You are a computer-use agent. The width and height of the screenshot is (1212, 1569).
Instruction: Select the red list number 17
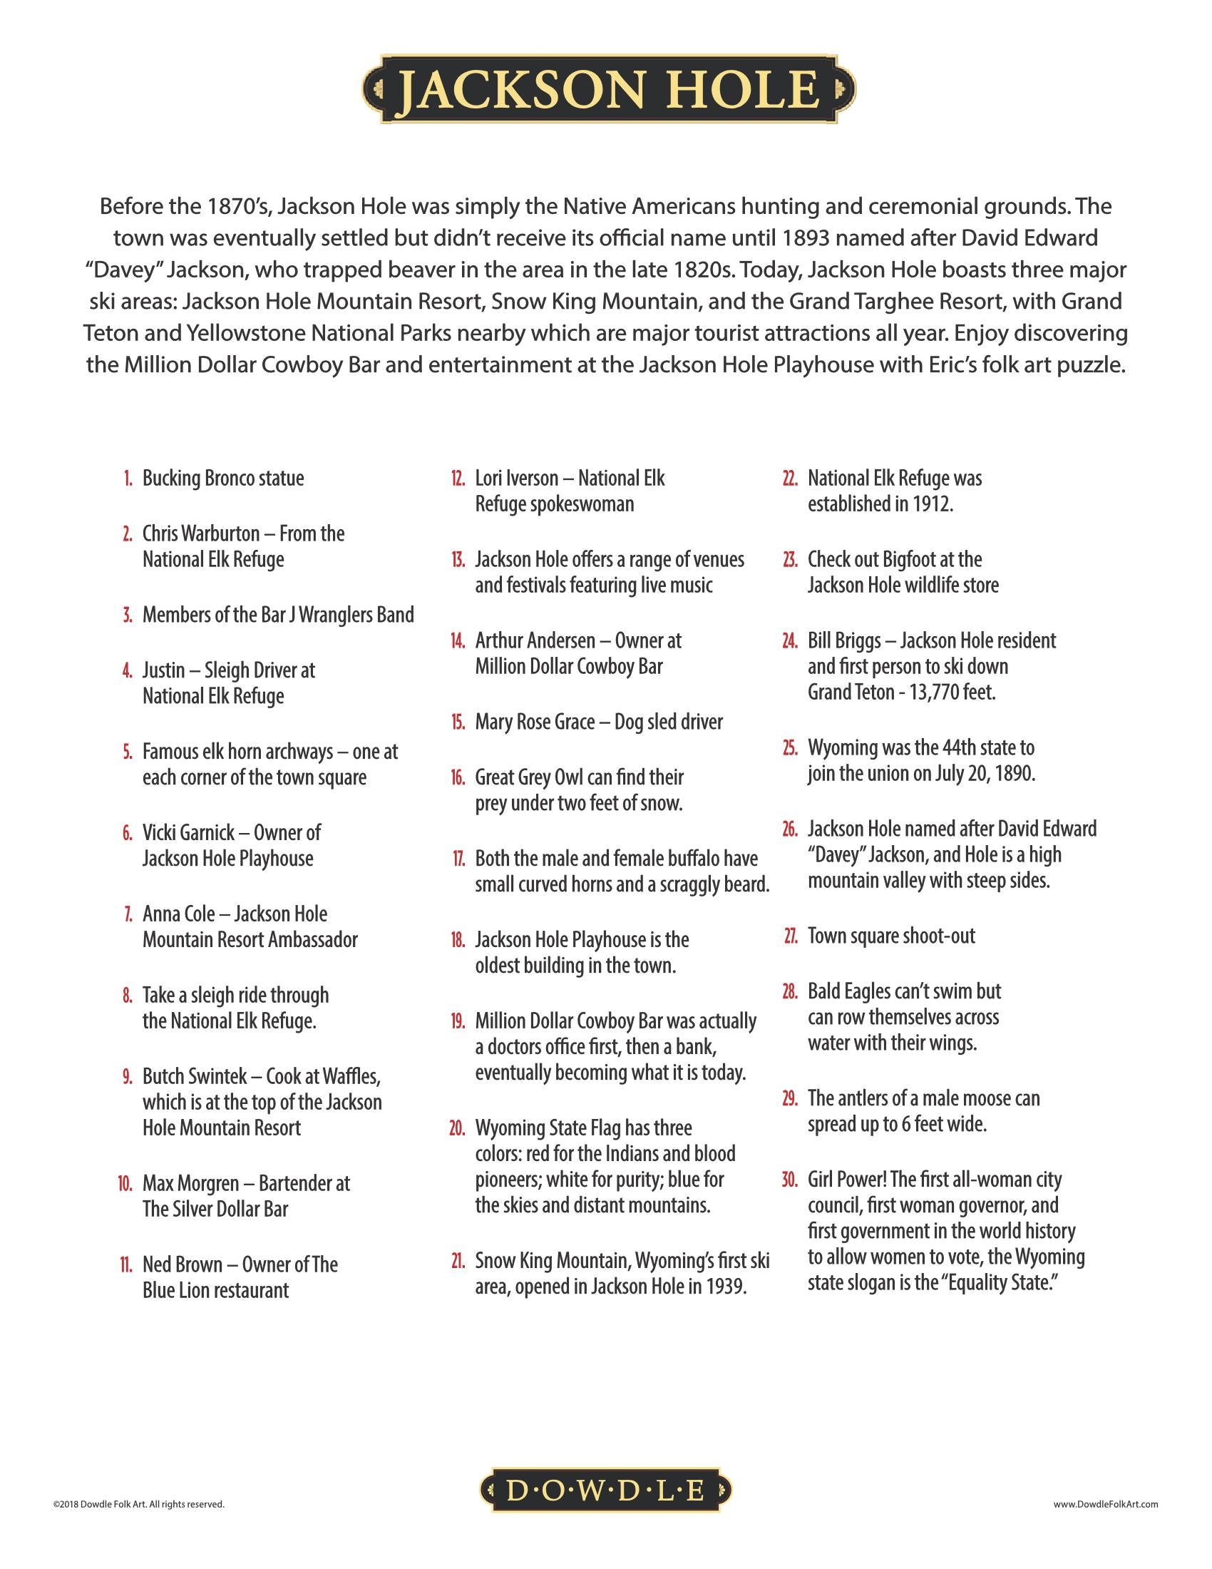458,859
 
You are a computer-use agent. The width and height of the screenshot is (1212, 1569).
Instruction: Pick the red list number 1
127,479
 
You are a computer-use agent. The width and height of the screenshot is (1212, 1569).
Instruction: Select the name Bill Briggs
843,640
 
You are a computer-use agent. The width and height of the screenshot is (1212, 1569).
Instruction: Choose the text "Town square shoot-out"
891,936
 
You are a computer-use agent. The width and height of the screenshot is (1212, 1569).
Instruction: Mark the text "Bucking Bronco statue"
223,479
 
